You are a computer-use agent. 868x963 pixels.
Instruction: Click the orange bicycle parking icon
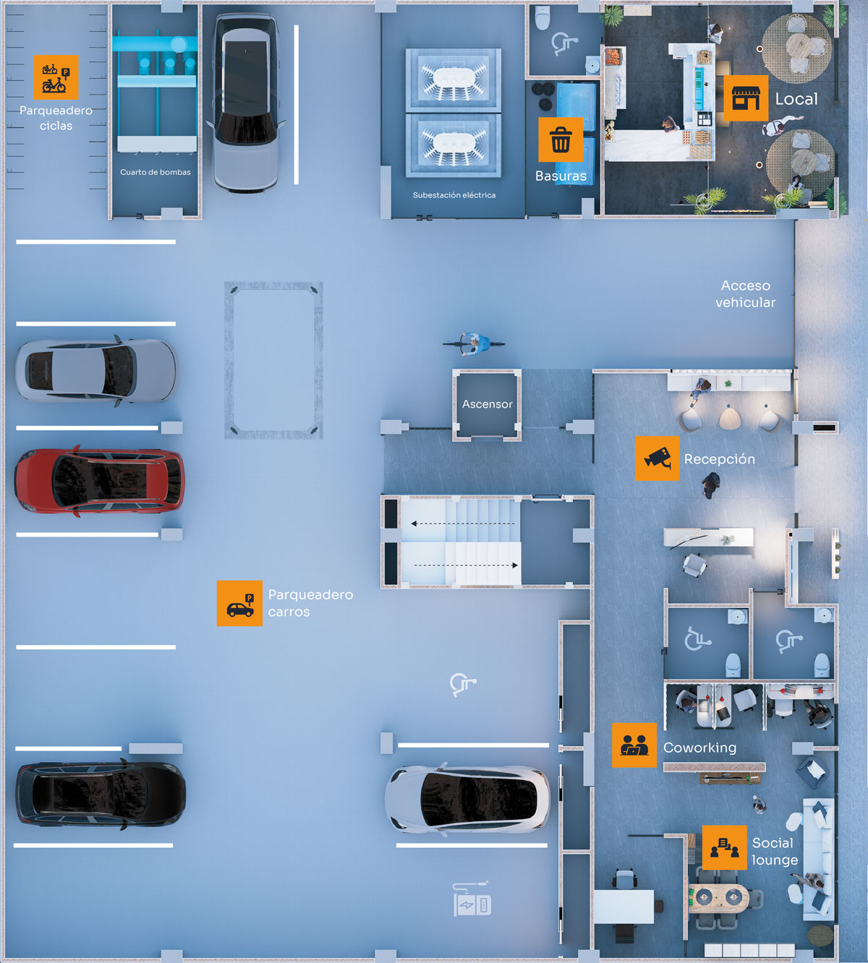[56, 77]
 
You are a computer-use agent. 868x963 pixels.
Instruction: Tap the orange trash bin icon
[561, 140]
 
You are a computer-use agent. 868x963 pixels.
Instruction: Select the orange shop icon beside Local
[746, 98]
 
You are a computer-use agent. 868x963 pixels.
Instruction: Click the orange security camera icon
[657, 458]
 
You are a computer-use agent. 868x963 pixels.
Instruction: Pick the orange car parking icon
[239, 604]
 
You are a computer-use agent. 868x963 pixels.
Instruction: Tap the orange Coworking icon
[634, 745]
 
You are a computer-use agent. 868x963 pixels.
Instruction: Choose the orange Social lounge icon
[724, 847]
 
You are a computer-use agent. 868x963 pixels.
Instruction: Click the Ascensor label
[488, 404]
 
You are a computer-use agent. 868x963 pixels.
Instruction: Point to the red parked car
[100, 482]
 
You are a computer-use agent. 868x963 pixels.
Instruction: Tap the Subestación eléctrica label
[454, 195]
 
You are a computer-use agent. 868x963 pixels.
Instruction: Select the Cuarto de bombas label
[156, 172]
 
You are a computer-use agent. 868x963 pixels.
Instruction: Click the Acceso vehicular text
[746, 294]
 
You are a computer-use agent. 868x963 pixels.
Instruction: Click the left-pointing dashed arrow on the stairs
[463, 523]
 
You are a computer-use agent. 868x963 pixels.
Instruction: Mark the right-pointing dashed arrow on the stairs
[467, 565]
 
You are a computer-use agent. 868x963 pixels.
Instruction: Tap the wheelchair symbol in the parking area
[462, 684]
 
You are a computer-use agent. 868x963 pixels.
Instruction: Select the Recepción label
[720, 459]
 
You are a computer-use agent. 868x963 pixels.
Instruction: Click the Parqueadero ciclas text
[56, 118]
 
